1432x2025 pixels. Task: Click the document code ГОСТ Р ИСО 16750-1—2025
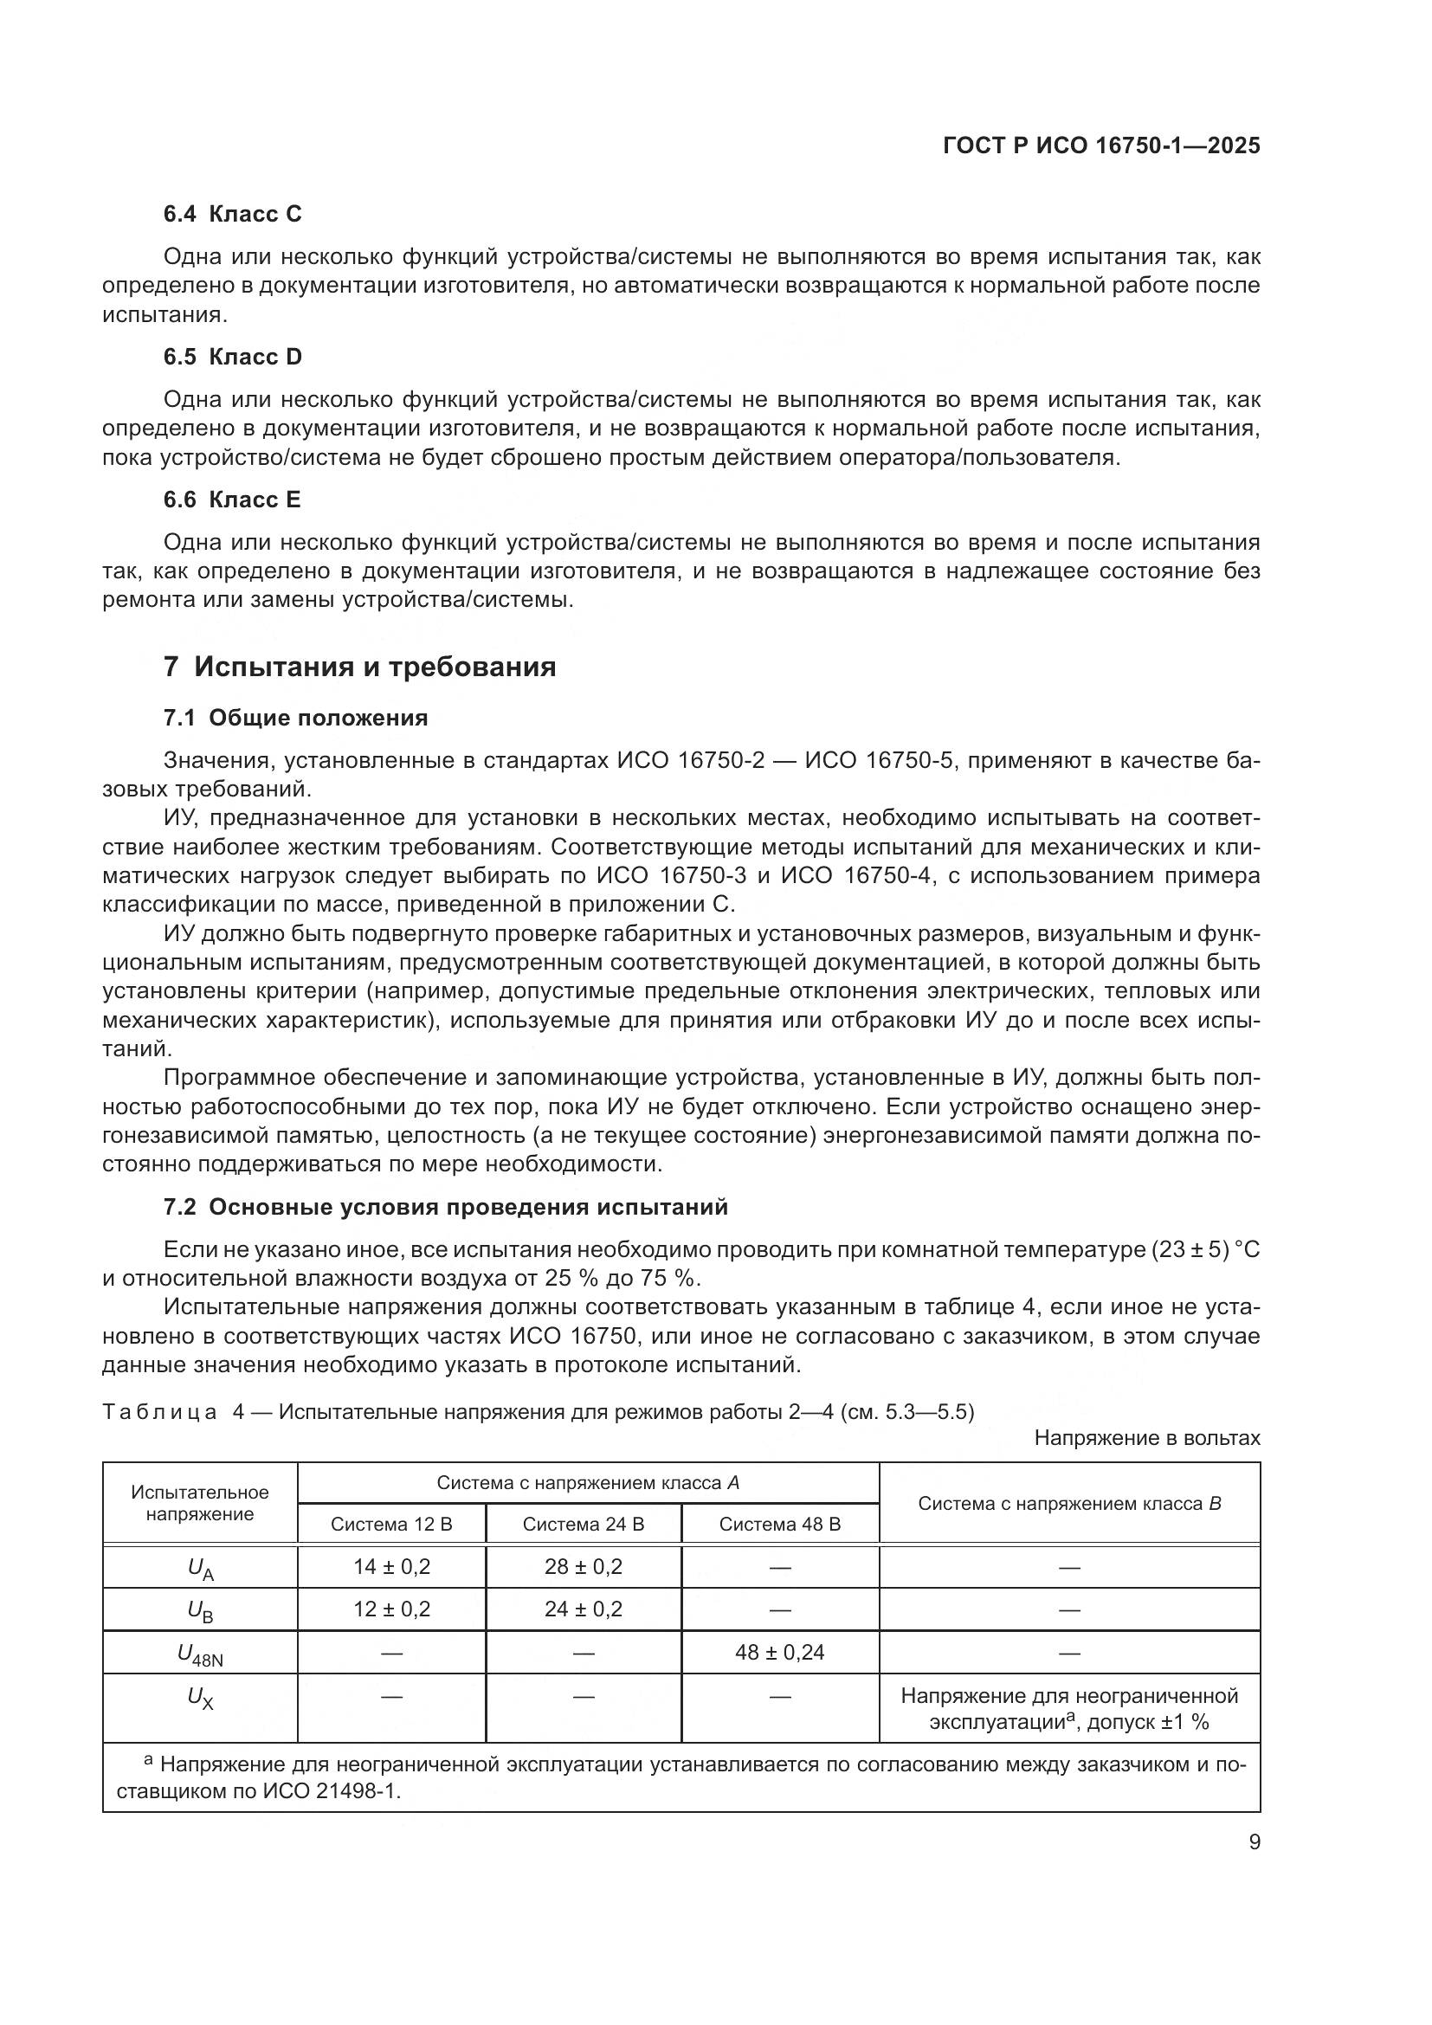(1101, 145)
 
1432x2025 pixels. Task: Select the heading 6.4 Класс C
(232, 214)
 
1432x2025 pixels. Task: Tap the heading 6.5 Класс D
(232, 357)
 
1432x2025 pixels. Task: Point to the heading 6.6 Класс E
(232, 500)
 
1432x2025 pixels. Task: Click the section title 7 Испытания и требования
(359, 666)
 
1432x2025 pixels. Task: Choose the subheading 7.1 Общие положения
(295, 718)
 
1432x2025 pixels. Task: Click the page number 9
(1254, 1841)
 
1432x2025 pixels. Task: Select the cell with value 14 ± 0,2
(391, 1566)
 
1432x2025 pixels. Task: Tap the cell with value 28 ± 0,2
(583, 1566)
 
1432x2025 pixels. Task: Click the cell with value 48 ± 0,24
(779, 1652)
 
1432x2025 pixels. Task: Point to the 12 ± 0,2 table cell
(391, 1609)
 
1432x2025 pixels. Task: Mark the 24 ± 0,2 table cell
(583, 1609)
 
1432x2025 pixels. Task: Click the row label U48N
(200, 1654)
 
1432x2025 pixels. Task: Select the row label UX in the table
(200, 1698)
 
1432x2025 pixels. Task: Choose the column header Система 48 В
(779, 1524)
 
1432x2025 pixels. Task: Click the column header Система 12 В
(391, 1524)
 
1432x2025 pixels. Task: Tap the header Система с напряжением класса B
(1068, 1504)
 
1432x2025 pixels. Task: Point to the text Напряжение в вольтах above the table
(1146, 1438)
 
